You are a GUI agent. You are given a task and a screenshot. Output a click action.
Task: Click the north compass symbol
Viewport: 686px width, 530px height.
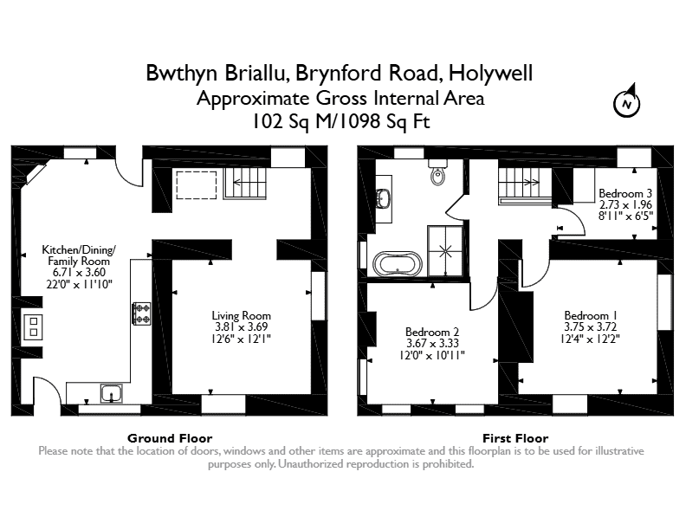pos(627,101)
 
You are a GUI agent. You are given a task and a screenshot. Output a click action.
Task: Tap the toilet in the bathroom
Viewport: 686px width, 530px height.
pos(437,172)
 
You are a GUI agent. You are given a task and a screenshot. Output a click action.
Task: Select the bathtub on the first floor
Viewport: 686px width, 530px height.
pos(398,263)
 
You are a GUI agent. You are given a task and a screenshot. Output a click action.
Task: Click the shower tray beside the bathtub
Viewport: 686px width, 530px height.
pos(445,251)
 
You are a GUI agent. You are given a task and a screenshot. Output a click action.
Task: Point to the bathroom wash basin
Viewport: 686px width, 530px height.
pos(384,199)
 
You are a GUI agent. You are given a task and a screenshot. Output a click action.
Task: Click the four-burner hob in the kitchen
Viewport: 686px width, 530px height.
pos(141,313)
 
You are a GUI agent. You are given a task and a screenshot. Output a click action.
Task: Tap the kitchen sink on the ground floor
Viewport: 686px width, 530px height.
pos(112,393)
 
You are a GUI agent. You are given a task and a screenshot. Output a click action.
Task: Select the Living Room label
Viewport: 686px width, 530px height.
pos(241,315)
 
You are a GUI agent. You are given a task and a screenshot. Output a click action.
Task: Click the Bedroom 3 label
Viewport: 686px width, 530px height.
pos(625,193)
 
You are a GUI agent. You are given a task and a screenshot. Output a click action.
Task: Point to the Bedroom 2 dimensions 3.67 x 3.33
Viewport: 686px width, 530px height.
pos(432,343)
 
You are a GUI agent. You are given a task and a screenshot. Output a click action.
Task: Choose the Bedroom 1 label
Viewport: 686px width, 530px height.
pos(591,315)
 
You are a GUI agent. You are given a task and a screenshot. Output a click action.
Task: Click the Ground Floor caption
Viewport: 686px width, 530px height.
pos(170,438)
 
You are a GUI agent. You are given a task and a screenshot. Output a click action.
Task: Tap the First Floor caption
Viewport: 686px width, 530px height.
pos(515,438)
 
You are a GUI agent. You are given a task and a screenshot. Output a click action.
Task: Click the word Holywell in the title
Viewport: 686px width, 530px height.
pos(490,73)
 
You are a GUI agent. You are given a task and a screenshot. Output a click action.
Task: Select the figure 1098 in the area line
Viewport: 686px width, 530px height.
pos(358,121)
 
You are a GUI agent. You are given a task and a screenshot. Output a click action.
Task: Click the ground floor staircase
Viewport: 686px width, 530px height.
pos(245,184)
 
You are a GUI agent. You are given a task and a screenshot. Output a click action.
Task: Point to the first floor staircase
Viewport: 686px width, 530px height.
pos(525,186)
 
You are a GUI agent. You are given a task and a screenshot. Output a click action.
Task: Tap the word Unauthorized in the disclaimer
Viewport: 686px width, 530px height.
pos(311,464)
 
